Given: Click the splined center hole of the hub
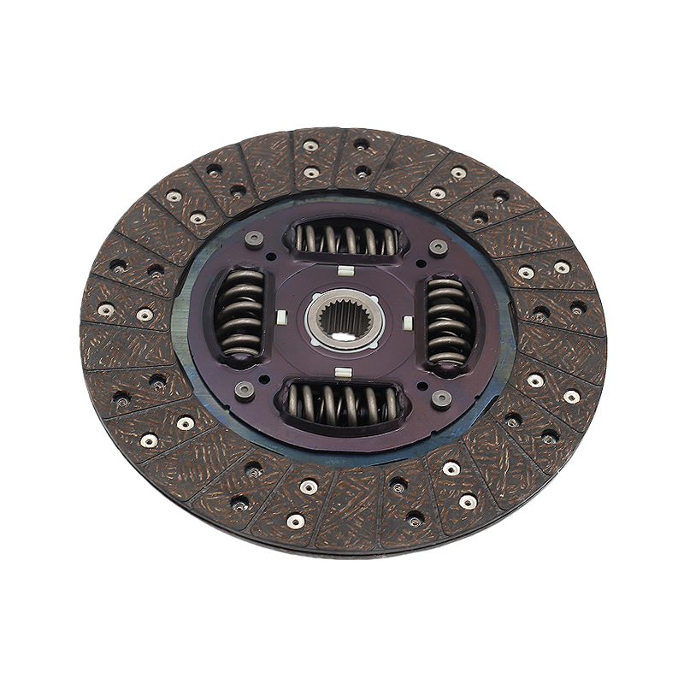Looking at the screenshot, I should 344,318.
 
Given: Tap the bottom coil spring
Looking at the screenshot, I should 342,401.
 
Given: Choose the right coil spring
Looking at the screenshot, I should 449,321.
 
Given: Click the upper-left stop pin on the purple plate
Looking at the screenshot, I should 254,239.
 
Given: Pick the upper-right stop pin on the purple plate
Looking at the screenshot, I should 439,247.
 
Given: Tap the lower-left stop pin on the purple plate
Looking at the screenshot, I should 244,389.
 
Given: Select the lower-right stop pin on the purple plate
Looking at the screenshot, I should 441,398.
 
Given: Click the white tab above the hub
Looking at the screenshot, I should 345,272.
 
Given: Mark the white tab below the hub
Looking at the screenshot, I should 343,373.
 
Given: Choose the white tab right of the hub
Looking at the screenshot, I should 408,322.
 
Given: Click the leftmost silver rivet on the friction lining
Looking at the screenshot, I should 106,310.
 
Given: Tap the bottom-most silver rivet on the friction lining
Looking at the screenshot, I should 296,520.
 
